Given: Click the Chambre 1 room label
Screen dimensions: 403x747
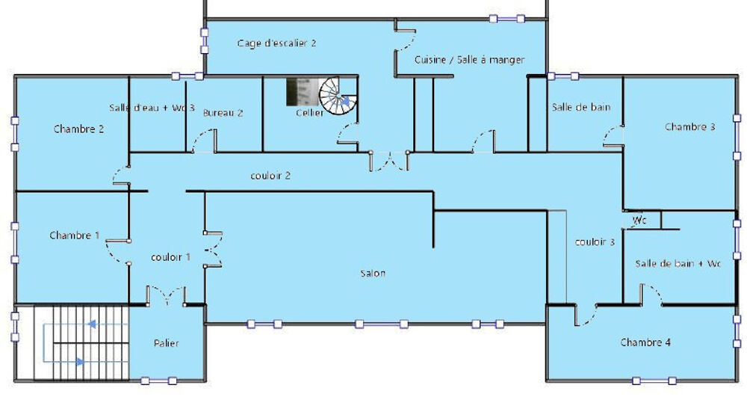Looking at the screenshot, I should click(75, 236).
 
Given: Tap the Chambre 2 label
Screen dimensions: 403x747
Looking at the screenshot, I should click(78, 129).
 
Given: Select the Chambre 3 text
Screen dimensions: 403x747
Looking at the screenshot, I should click(690, 127).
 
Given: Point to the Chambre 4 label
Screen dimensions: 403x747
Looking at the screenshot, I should click(645, 342).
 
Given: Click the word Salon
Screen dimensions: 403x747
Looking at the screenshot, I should click(373, 274).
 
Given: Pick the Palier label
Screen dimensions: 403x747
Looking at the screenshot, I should click(167, 343).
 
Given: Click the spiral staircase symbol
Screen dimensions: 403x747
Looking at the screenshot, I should click(338, 96).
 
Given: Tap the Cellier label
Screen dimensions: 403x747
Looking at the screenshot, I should click(309, 113).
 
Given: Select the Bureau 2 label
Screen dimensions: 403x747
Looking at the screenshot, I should click(223, 113).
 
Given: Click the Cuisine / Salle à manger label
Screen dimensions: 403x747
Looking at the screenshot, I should click(470, 60).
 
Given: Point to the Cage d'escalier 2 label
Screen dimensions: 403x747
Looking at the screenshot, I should click(276, 43).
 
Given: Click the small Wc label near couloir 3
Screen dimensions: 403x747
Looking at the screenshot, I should click(639, 221).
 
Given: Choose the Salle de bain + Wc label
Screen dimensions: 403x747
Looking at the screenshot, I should click(678, 263).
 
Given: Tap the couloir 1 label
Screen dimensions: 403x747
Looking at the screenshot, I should click(171, 257).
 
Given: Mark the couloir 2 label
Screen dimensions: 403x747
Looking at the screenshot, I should click(270, 176).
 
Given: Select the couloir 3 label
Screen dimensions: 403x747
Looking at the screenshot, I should click(595, 242).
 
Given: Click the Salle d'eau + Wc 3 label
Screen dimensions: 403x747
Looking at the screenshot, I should click(152, 108).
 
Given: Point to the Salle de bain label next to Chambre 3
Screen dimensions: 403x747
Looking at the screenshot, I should click(581, 107).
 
